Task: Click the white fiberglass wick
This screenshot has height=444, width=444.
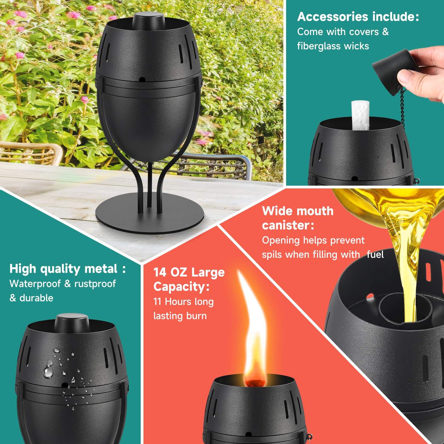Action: click(360, 115)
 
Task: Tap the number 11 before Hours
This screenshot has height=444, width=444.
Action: click(157, 301)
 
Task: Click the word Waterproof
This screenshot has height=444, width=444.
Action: click(35, 284)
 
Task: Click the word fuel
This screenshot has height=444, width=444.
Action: click(375, 254)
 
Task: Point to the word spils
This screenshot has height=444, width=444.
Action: click(272, 254)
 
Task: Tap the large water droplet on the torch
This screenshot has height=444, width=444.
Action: click(48, 371)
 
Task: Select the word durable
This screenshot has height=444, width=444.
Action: click(36, 298)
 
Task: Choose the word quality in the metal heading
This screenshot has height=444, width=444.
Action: click(60, 269)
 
